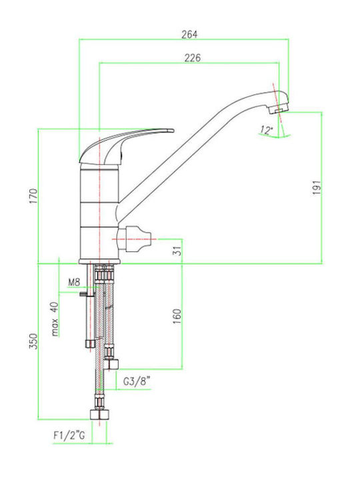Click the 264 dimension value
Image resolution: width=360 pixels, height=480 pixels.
click(x=189, y=35)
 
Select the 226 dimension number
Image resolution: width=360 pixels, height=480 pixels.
click(x=193, y=57)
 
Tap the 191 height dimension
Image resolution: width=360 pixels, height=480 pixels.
click(x=317, y=187)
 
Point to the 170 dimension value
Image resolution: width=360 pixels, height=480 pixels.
click(x=33, y=196)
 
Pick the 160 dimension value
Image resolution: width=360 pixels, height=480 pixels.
click(x=177, y=317)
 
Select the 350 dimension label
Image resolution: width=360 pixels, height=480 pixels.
click(x=33, y=341)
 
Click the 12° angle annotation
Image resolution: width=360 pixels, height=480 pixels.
click(x=266, y=130)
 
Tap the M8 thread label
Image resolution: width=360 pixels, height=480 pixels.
click(x=74, y=282)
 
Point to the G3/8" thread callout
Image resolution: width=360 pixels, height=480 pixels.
click(x=137, y=382)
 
